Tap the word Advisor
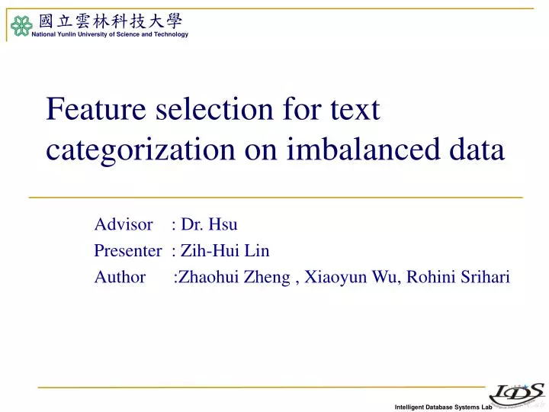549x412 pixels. click(124, 224)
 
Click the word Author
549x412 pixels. click(120, 277)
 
